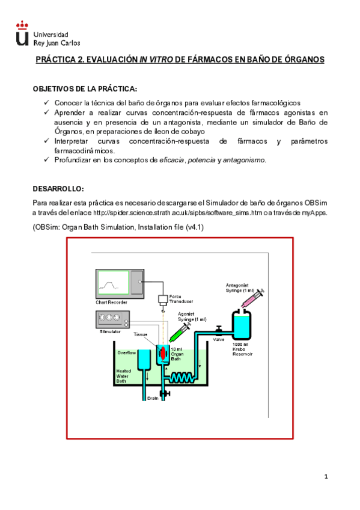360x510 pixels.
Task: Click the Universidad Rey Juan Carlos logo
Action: click(48, 34)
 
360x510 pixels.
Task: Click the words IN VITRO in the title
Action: click(156, 60)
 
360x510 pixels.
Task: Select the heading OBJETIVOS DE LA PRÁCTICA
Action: click(85, 89)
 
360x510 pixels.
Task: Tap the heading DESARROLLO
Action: click(58, 189)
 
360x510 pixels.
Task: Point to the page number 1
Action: click(326, 476)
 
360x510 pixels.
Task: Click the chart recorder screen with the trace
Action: click(114, 283)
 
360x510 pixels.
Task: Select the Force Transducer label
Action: click(181, 299)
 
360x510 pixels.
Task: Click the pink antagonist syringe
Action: click(253, 298)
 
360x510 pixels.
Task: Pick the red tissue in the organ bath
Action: click(163, 353)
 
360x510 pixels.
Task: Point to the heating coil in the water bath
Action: click(182, 378)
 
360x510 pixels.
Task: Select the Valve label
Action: click(218, 339)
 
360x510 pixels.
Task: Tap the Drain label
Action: click(153, 398)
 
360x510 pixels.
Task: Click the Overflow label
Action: click(126, 352)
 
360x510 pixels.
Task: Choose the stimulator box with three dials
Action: click(112, 319)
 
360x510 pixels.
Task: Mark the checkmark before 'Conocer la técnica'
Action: click(46, 103)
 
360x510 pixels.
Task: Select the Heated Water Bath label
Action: click(123, 376)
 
